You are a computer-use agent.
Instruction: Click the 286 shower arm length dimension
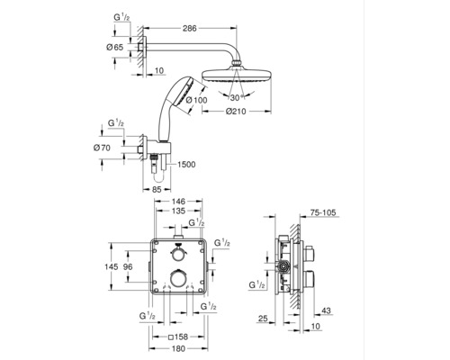(x=190, y=28)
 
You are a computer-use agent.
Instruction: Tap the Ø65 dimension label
(x=114, y=47)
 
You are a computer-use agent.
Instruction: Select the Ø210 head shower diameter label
(x=236, y=112)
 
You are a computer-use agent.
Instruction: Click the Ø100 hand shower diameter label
(x=196, y=100)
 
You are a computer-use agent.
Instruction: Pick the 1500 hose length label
(x=186, y=165)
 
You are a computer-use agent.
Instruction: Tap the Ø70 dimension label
(x=102, y=148)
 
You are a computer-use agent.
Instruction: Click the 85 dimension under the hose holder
(x=157, y=190)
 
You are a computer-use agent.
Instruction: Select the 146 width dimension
(x=178, y=201)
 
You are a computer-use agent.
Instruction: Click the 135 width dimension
(x=178, y=211)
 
